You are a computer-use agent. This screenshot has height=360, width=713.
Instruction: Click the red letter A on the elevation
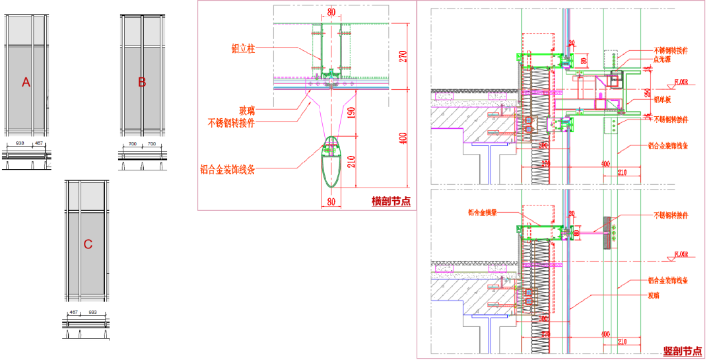pos(26,82)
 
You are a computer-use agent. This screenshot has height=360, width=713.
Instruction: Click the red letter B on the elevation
pos(141,82)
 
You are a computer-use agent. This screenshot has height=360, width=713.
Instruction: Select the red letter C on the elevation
pos(88,244)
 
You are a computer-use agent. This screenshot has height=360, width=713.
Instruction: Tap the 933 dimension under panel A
pos(20,143)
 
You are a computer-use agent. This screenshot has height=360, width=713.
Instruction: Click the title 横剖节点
pos(391,201)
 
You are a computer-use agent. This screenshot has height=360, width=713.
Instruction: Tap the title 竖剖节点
pos(683,351)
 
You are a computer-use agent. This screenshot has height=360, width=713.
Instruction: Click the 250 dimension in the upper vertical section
pos(648,94)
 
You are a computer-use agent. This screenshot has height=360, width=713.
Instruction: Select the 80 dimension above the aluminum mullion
pos(329,11)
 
